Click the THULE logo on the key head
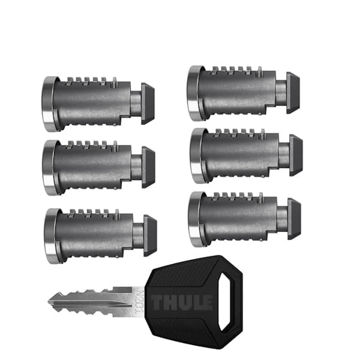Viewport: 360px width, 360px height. [x=181, y=301]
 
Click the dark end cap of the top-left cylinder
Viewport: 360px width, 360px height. [x=148, y=104]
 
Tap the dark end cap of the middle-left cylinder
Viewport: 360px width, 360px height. [x=148, y=167]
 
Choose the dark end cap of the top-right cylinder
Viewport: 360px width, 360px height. [x=293, y=92]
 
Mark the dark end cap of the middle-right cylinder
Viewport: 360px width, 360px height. [x=295, y=155]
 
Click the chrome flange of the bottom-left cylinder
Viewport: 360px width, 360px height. [x=51, y=236]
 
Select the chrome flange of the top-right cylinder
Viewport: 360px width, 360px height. [x=193, y=93]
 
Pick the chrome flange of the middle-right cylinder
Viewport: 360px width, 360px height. [x=196, y=155]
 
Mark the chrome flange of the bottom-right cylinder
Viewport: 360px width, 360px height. [x=194, y=219]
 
